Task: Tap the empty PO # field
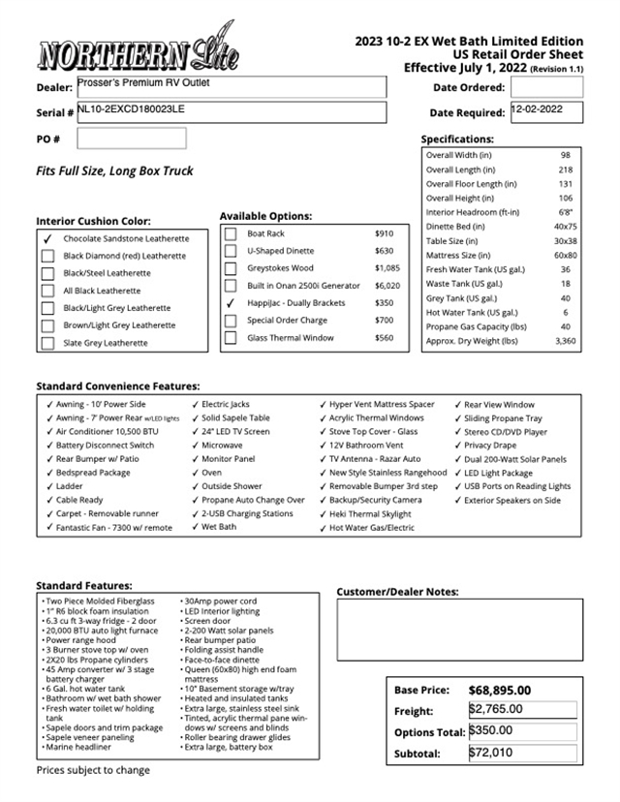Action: click(131, 139)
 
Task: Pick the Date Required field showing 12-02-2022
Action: click(546, 112)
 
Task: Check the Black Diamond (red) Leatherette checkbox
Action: click(47, 256)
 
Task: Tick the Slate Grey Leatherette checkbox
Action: click(47, 343)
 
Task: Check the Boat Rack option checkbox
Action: click(231, 233)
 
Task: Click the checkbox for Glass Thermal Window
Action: click(231, 338)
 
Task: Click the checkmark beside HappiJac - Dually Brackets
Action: click(231, 303)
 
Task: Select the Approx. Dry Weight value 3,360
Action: click(565, 341)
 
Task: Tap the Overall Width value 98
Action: click(565, 155)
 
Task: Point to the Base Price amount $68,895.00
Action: click(500, 690)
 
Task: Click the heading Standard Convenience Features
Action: click(118, 386)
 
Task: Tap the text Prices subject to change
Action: click(93, 770)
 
